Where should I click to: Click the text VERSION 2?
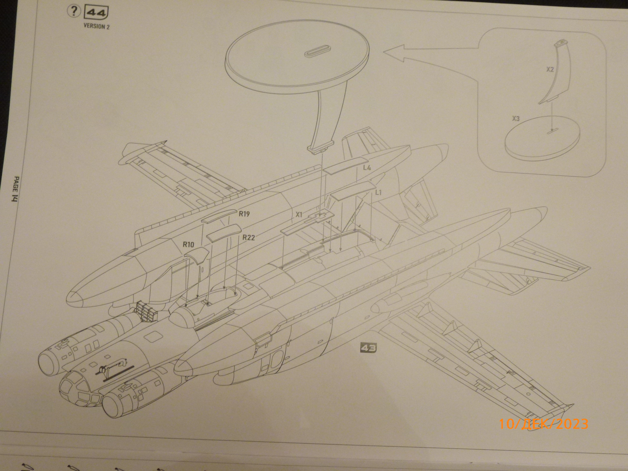[x=96, y=27]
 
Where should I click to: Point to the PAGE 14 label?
[x=16, y=189]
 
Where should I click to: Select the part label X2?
[x=550, y=69]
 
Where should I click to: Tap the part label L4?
[x=367, y=168]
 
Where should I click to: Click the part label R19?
[x=244, y=214]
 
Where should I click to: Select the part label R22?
[x=249, y=237]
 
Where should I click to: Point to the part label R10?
[x=188, y=244]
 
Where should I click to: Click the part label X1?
[x=299, y=215]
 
